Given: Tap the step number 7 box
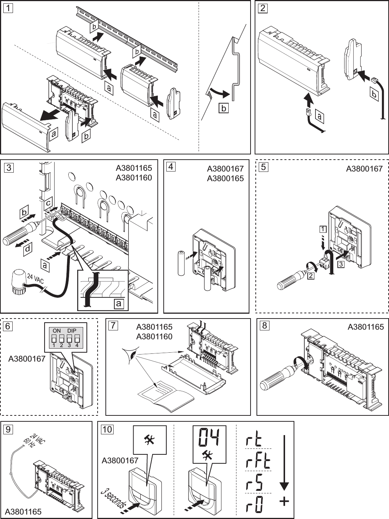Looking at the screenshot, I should pyautogui.click(x=113, y=326).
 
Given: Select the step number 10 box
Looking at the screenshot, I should pyautogui.click(x=107, y=429).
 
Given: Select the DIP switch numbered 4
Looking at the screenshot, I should pyautogui.click(x=77, y=339).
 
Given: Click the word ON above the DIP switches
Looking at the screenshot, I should pyautogui.click(x=56, y=330).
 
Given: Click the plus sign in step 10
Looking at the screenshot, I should pyautogui.click(x=284, y=502).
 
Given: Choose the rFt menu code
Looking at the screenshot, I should pyautogui.click(x=258, y=462).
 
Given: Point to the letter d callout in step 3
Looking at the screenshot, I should pyautogui.click(x=27, y=249).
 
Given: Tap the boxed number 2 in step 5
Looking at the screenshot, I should pyautogui.click(x=311, y=276).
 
